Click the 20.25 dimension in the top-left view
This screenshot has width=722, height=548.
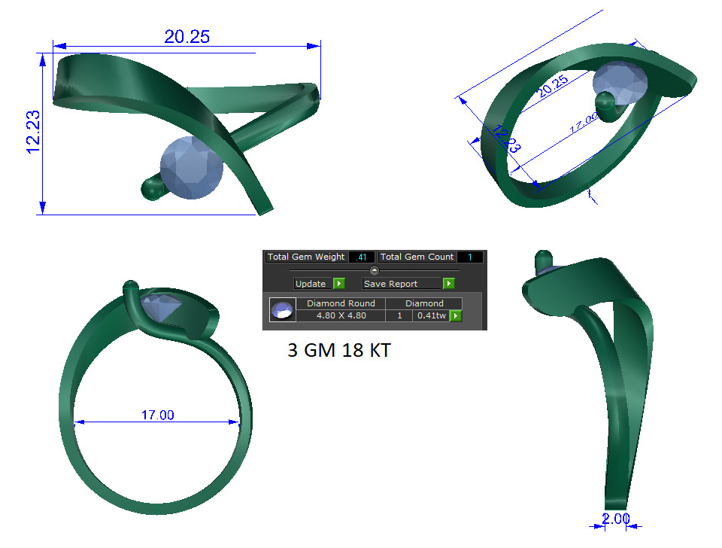pyautogui.click(x=187, y=35)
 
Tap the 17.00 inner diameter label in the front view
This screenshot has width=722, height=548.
pyautogui.click(x=157, y=415)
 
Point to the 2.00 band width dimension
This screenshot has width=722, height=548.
pyautogui.click(x=616, y=519)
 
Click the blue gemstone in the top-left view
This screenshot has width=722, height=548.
pyautogui.click(x=193, y=168)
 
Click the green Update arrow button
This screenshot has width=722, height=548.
pyautogui.click(x=338, y=284)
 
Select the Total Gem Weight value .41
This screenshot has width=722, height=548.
pyautogui.click(x=363, y=257)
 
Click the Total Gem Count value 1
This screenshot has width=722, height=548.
pyautogui.click(x=469, y=257)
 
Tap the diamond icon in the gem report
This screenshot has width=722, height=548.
pyautogui.click(x=283, y=309)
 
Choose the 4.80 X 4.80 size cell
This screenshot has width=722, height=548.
pyautogui.click(x=341, y=315)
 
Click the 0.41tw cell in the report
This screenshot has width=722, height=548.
pyautogui.click(x=431, y=315)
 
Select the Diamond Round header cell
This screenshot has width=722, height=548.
pyautogui.click(x=341, y=303)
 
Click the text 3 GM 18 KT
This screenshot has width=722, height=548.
pyautogui.click(x=338, y=350)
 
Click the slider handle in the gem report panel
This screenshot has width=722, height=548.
pyautogui.click(x=375, y=270)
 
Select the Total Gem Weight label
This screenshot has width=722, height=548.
pyautogui.click(x=306, y=257)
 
